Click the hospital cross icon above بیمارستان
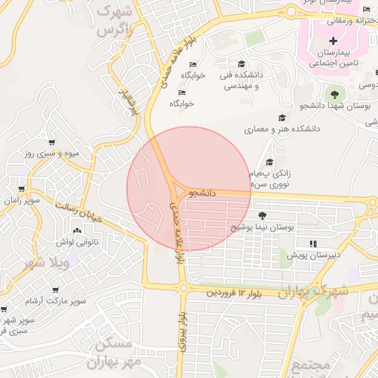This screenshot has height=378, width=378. click(x=333, y=39)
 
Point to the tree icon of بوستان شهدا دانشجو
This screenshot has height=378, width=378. click(x=335, y=94)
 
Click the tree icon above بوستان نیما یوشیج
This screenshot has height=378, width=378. click(x=263, y=215)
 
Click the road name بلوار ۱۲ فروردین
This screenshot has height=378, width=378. click(x=234, y=292)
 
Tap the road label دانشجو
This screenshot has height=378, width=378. click(x=202, y=193)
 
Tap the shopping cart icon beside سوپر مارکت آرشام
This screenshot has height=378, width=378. click(x=55, y=290)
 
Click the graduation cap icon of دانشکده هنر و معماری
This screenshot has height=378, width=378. click(x=281, y=117)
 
